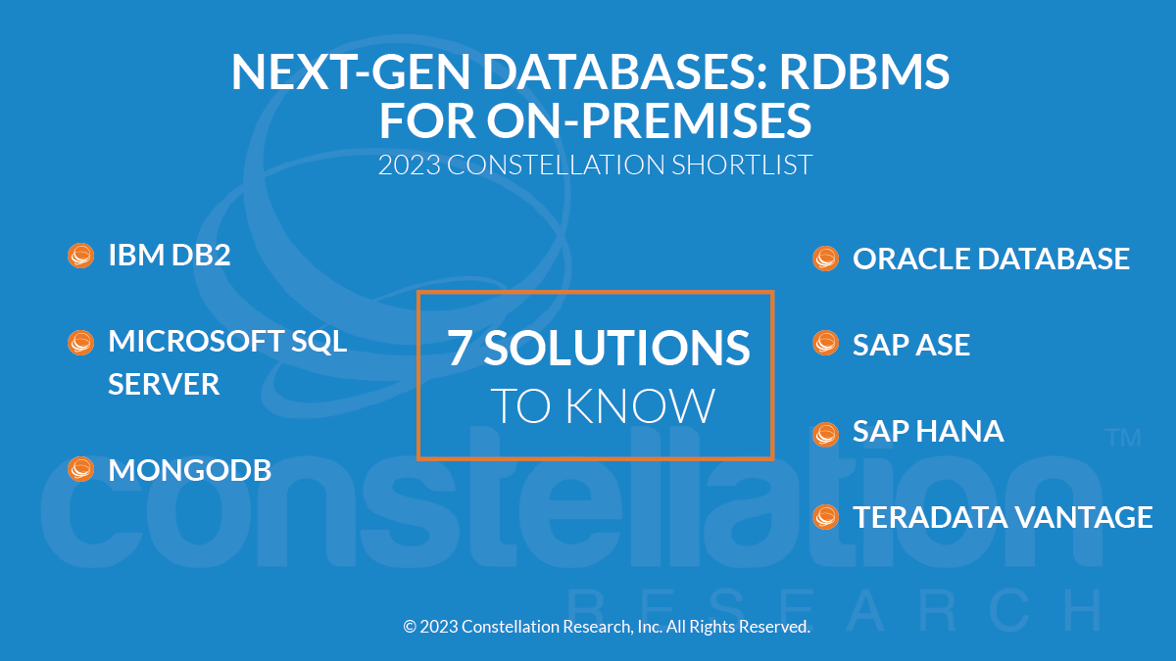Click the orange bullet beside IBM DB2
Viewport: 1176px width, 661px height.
[x=80, y=256]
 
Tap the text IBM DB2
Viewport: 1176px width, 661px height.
[x=169, y=255]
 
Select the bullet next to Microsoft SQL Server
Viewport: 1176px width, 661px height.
[x=80, y=343]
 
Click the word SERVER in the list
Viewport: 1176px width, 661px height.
[x=164, y=384]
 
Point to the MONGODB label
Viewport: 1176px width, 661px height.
[x=189, y=470]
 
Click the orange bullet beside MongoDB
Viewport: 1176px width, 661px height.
[x=80, y=469]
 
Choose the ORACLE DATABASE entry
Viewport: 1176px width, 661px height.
[x=991, y=259]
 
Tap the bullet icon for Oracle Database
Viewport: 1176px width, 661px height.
[x=825, y=259]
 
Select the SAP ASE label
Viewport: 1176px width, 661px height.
[x=910, y=345]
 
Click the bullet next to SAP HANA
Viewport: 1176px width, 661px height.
[x=825, y=435]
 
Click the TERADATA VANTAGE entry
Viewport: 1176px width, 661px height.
[x=1003, y=517]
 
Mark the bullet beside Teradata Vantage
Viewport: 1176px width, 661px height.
[x=825, y=517]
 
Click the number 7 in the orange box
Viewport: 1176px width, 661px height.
[x=460, y=348]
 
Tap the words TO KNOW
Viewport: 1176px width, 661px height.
[x=602, y=405]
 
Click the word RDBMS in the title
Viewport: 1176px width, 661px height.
[x=863, y=71]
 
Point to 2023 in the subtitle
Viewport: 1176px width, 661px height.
[x=410, y=165]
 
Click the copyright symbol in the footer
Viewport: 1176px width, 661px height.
[x=410, y=627]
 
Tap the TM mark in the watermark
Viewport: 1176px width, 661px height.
[x=1123, y=438]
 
